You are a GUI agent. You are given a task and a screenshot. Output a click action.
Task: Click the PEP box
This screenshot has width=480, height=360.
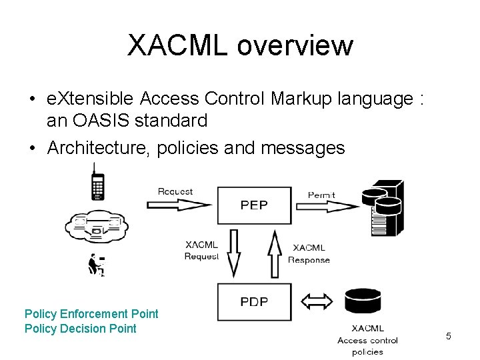254,205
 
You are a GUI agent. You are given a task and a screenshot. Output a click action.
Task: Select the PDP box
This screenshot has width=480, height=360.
254,302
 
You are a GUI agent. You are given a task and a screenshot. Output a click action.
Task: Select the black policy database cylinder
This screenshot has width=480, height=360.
363,301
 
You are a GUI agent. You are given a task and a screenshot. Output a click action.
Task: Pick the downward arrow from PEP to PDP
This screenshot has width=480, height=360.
233,253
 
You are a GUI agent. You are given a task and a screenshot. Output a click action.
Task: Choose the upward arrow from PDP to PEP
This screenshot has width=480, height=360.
275,253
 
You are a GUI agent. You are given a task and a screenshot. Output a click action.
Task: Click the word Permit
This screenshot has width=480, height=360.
321,195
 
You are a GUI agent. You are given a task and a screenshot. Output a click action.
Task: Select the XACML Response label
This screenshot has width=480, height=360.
309,254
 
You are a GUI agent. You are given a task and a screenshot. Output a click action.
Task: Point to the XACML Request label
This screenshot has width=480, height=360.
201,251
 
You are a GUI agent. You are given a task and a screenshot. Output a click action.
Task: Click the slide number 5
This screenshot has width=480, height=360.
448,337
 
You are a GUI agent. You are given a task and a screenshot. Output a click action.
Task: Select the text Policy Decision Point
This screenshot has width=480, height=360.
80,328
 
